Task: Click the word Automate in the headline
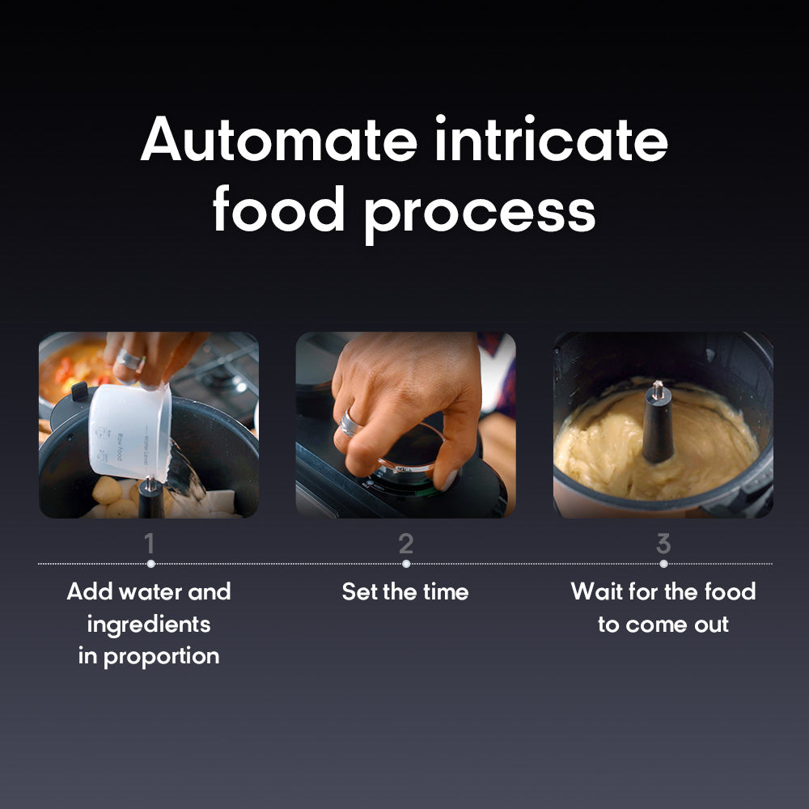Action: (x=277, y=140)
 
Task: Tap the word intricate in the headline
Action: (x=551, y=140)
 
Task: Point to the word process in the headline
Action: (x=479, y=212)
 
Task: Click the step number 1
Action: (x=150, y=544)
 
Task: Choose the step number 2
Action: (x=405, y=544)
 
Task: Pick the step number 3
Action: (x=663, y=544)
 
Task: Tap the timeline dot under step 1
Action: (x=150, y=564)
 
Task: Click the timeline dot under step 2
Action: (x=405, y=564)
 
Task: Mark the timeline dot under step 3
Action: (x=663, y=564)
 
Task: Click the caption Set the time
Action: (x=405, y=591)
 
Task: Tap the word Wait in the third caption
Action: (x=595, y=591)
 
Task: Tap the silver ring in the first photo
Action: (x=130, y=358)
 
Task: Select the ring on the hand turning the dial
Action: (x=349, y=423)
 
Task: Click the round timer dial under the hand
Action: (x=409, y=465)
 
